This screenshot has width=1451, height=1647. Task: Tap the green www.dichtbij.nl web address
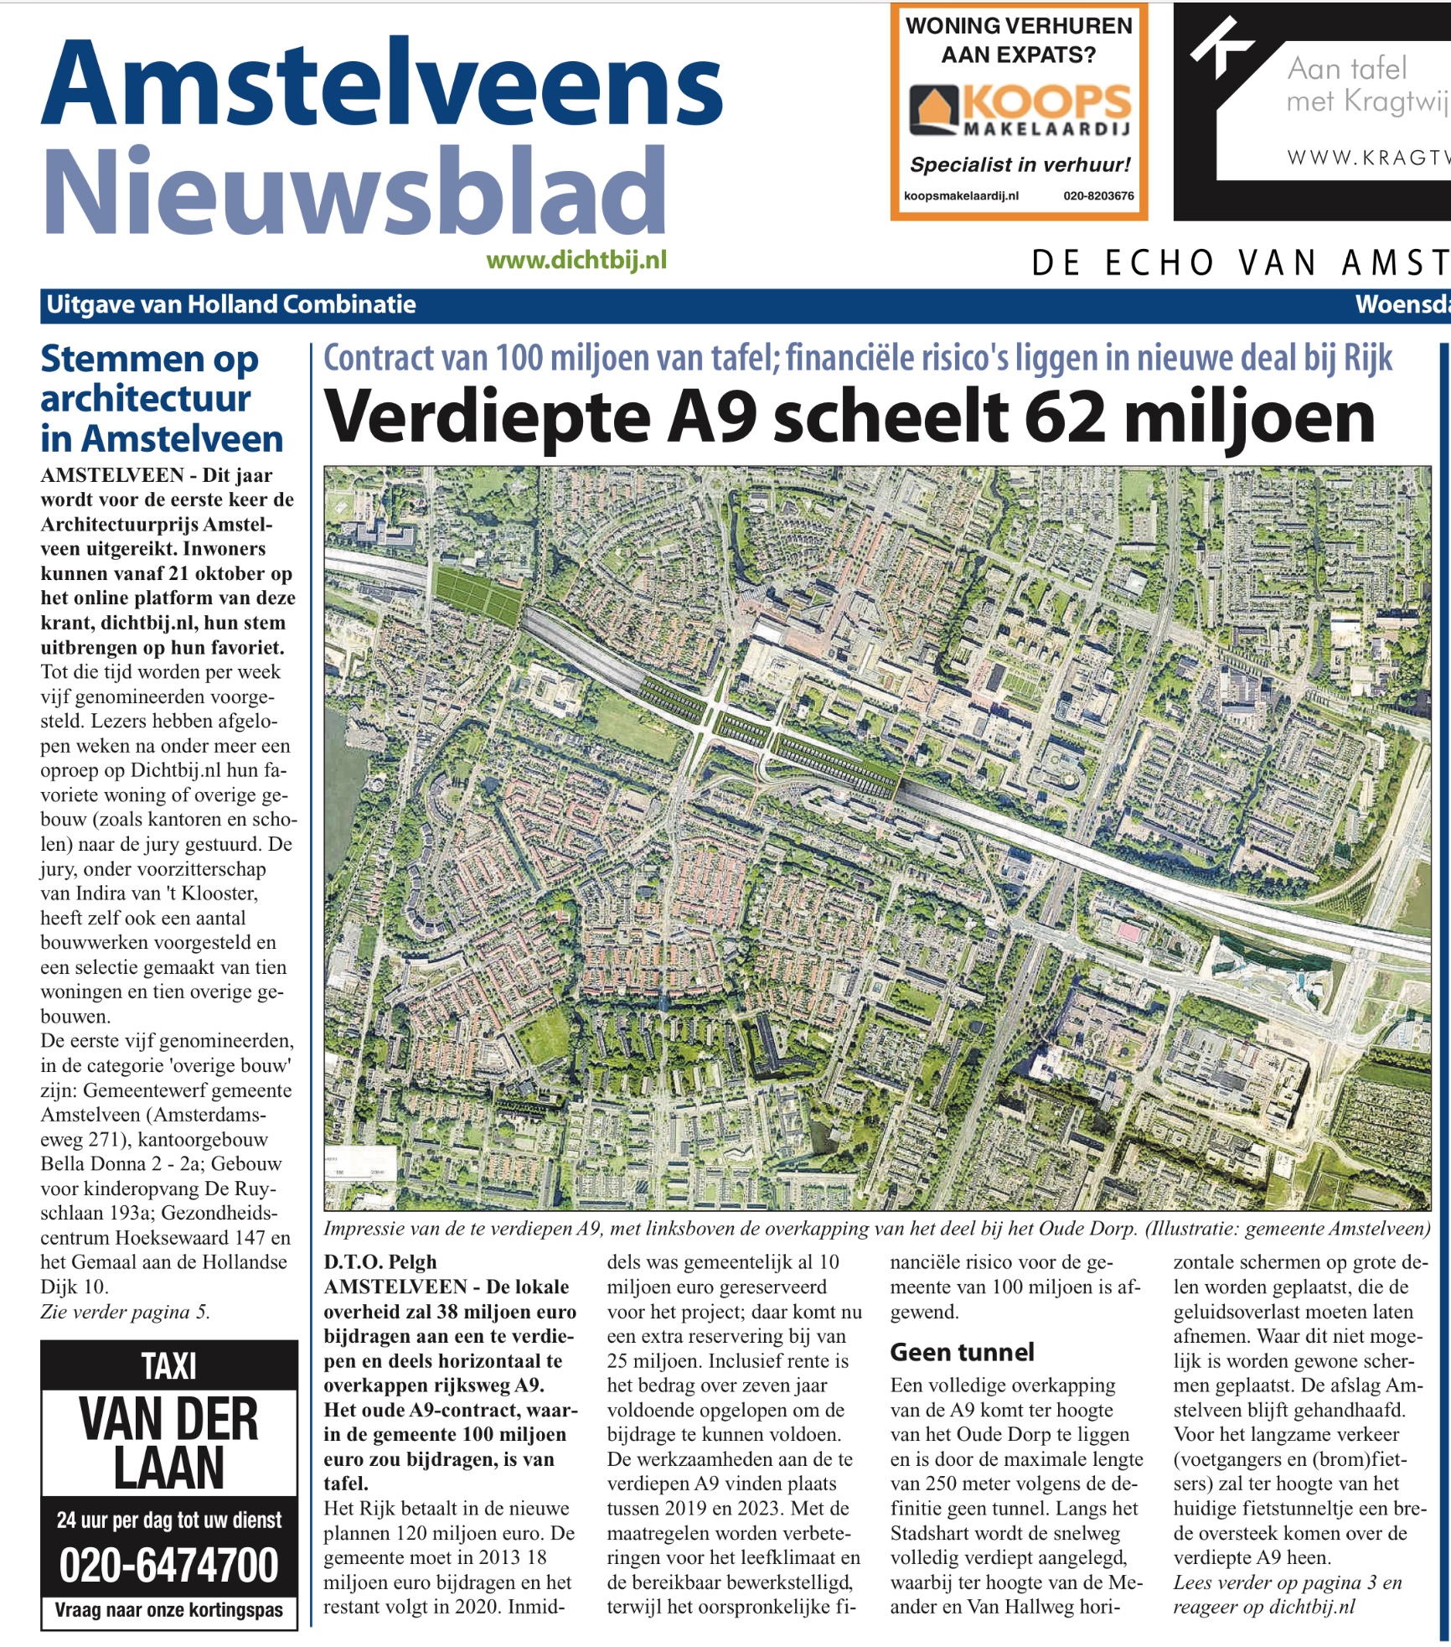(x=576, y=261)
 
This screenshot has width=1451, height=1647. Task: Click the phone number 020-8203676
(x=1098, y=196)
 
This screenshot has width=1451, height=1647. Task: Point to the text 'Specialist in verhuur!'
(x=1020, y=164)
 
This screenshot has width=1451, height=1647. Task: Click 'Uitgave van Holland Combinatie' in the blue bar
(x=231, y=304)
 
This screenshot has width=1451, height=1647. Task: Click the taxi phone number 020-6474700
(x=168, y=1565)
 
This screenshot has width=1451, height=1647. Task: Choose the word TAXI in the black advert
(x=168, y=1367)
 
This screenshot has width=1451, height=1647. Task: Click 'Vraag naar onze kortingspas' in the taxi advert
(x=168, y=1610)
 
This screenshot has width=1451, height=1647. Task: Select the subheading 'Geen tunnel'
(x=962, y=1352)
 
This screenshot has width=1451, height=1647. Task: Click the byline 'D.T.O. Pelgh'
(x=380, y=1262)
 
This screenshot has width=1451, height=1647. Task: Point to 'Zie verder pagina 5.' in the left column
(x=125, y=1312)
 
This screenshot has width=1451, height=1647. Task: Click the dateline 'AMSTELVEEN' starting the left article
(x=112, y=475)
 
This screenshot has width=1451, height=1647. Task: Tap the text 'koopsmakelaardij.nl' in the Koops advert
(x=961, y=196)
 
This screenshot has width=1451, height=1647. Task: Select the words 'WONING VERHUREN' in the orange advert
(x=1019, y=26)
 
